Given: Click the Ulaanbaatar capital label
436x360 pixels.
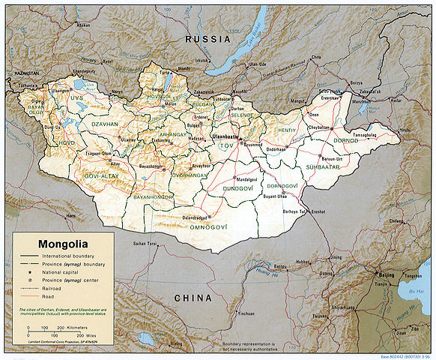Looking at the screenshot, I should click(228, 138).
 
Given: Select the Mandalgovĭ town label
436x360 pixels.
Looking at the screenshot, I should click(252, 180).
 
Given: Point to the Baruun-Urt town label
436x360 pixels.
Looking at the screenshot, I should click(332, 158).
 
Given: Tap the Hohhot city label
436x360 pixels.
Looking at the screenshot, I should click(303, 262).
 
